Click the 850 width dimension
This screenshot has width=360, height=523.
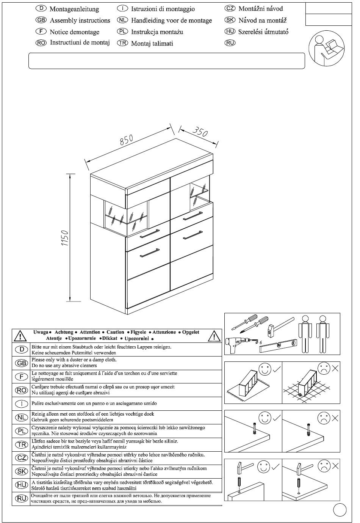[x=127, y=140]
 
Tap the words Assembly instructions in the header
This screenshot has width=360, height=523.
[x=80, y=20]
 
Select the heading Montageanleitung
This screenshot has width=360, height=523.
[x=74, y=9]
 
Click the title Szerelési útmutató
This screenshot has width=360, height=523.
[x=263, y=32]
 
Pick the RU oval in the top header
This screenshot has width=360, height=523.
[x=230, y=43]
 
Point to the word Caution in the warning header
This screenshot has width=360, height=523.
[x=115, y=332]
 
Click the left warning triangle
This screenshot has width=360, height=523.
[x=20, y=336]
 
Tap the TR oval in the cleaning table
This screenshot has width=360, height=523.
[x=22, y=444]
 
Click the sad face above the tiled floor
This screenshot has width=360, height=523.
[x=324, y=368]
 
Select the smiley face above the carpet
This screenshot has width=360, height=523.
[x=265, y=369]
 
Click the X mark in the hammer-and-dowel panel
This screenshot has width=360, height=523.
[x=335, y=466]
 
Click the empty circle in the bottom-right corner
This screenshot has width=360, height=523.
[x=340, y=509]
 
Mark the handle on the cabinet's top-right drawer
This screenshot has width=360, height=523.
[x=193, y=215]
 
